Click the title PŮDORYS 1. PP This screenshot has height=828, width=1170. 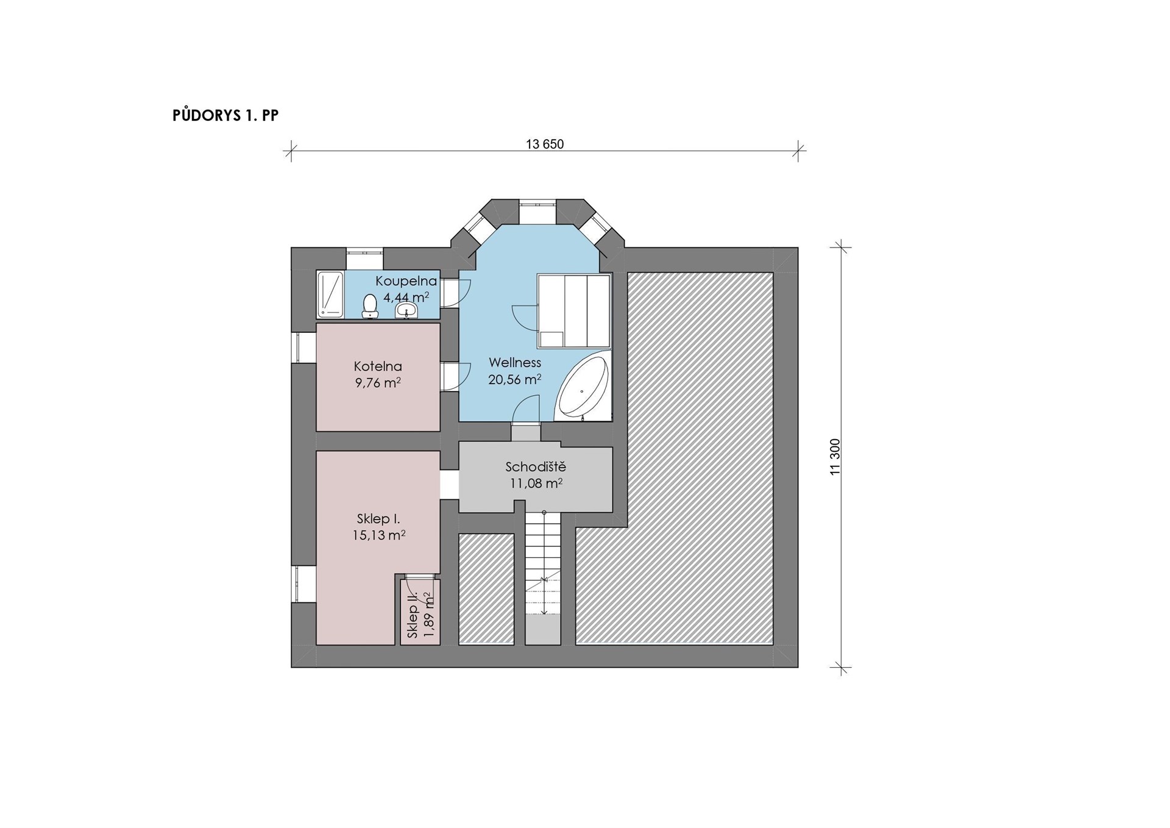click(225, 115)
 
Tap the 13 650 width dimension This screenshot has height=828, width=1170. click(545, 145)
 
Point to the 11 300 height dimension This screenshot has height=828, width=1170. click(835, 457)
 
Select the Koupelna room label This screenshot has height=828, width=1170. click(406, 281)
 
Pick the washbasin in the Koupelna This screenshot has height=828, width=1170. click(406, 312)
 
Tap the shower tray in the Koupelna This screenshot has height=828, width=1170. click(331, 294)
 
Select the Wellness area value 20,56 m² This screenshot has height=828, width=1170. click(515, 379)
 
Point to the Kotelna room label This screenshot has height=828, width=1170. click(378, 366)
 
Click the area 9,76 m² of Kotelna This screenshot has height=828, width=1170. click(378, 383)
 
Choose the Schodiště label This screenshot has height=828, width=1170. click(536, 467)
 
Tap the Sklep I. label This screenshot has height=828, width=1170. click(378, 519)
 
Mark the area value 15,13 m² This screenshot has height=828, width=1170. click(379, 535)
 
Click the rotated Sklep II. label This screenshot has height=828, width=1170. click(413, 614)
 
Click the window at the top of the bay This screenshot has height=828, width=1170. click(537, 205)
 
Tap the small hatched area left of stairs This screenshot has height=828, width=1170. click(486, 589)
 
